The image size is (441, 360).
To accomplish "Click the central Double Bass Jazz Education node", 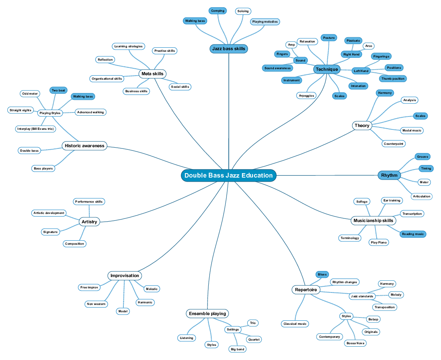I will coord(229,175).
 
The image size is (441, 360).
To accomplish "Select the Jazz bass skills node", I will coord(229,49).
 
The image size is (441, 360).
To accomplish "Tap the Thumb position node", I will coord(392,78).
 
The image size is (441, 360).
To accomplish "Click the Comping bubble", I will coord(218,11).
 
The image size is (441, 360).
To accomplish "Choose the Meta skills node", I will coord(152,74).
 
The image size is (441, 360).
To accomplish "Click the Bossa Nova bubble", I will coord(355,343).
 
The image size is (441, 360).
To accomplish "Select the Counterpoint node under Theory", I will coord(394,144).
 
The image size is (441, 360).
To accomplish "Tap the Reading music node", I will coord(413,234).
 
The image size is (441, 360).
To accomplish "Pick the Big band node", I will coord(237,349).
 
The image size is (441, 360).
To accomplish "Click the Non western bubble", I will coord(96,304).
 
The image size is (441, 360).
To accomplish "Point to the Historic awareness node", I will coord(85,146).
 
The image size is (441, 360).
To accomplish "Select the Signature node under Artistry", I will coord(51,232).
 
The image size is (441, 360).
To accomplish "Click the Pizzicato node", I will coord(353,41).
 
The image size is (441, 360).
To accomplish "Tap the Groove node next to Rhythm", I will coord(422,157).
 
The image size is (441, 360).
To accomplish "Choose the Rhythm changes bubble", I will coord(345,282).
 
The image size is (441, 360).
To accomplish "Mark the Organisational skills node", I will coord(107,78).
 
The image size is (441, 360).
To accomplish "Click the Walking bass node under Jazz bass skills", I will coord(195,21).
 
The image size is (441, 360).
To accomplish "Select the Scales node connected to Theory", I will coord(420,116).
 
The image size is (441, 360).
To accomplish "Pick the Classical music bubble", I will coord(295,324).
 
